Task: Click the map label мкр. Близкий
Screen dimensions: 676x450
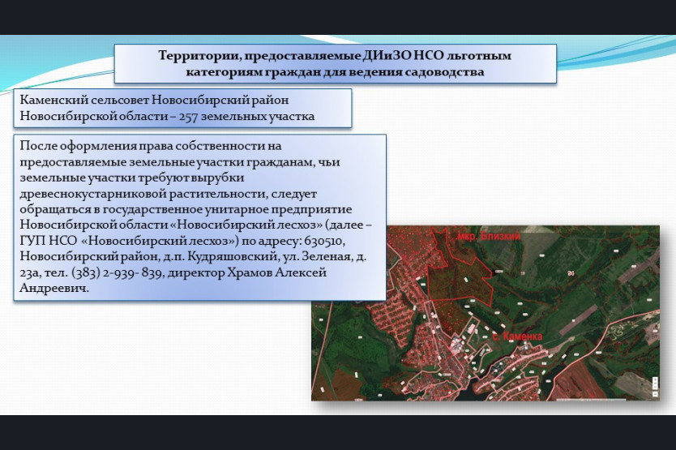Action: [x=489, y=237]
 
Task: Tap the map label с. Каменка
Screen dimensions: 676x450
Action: [x=517, y=336]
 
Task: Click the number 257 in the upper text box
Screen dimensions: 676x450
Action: [x=188, y=117]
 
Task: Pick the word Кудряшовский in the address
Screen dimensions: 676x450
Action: [x=233, y=257]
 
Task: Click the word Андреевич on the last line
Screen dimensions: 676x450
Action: [x=53, y=289]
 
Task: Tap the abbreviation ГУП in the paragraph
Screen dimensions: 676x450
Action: [x=32, y=241]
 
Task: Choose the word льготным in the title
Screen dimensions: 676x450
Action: [x=478, y=56]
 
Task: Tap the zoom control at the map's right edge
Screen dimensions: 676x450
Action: [x=655, y=388]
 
